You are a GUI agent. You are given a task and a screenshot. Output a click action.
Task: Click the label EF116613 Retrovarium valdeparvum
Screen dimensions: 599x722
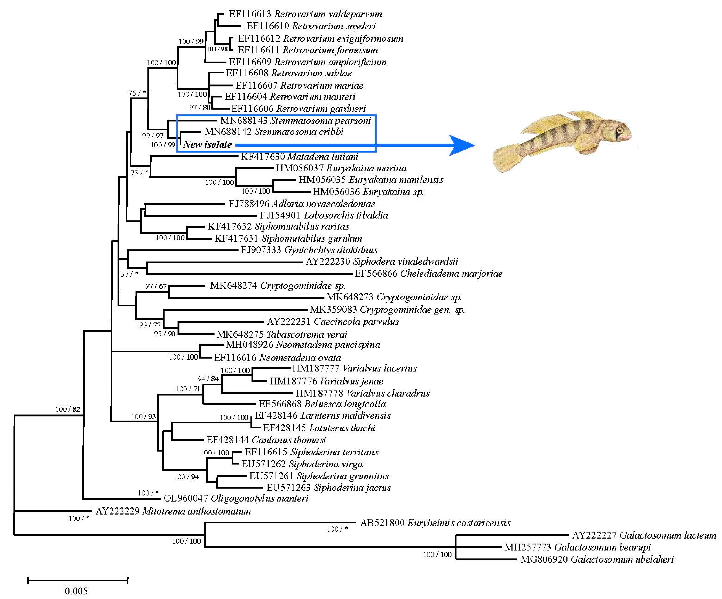click(x=305, y=14)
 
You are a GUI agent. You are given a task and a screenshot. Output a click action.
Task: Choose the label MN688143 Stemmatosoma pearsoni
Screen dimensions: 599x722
click(x=295, y=120)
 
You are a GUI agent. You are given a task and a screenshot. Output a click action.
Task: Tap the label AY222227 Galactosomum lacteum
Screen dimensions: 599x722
click(x=644, y=535)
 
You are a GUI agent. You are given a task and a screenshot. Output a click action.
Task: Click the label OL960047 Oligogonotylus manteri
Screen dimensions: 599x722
click(x=236, y=498)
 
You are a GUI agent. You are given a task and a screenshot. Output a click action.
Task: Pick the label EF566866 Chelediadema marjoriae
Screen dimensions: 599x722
click(x=428, y=273)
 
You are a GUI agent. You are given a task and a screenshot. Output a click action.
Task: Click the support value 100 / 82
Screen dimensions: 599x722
click(x=68, y=409)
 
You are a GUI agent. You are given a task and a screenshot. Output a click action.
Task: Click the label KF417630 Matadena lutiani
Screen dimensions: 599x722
click(x=299, y=157)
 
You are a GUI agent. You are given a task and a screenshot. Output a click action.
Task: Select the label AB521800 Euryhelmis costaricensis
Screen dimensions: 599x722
click(x=435, y=523)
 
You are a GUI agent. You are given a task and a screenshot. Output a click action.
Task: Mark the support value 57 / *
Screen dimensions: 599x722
click(x=129, y=274)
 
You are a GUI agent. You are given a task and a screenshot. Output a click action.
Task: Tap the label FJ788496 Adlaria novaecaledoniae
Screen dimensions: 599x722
click(x=302, y=204)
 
